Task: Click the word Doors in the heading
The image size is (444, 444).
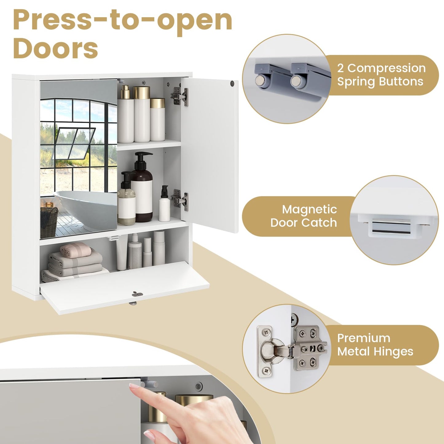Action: [56, 49]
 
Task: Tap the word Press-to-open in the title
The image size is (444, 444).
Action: [123, 21]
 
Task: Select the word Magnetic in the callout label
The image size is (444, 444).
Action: [309, 210]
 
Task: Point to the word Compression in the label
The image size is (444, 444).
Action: [387, 69]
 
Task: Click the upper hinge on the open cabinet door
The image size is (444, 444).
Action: [179, 96]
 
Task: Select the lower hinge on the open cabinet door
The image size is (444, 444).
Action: [179, 200]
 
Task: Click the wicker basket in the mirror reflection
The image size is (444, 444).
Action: [49, 222]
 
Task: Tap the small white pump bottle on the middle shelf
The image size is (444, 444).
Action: [164, 203]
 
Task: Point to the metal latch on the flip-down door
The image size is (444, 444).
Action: [137, 294]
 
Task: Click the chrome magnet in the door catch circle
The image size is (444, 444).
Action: [391, 227]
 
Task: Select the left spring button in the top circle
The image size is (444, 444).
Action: [260, 81]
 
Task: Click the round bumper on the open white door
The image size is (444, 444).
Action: [232, 83]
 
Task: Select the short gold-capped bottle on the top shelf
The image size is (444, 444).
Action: [158, 119]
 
